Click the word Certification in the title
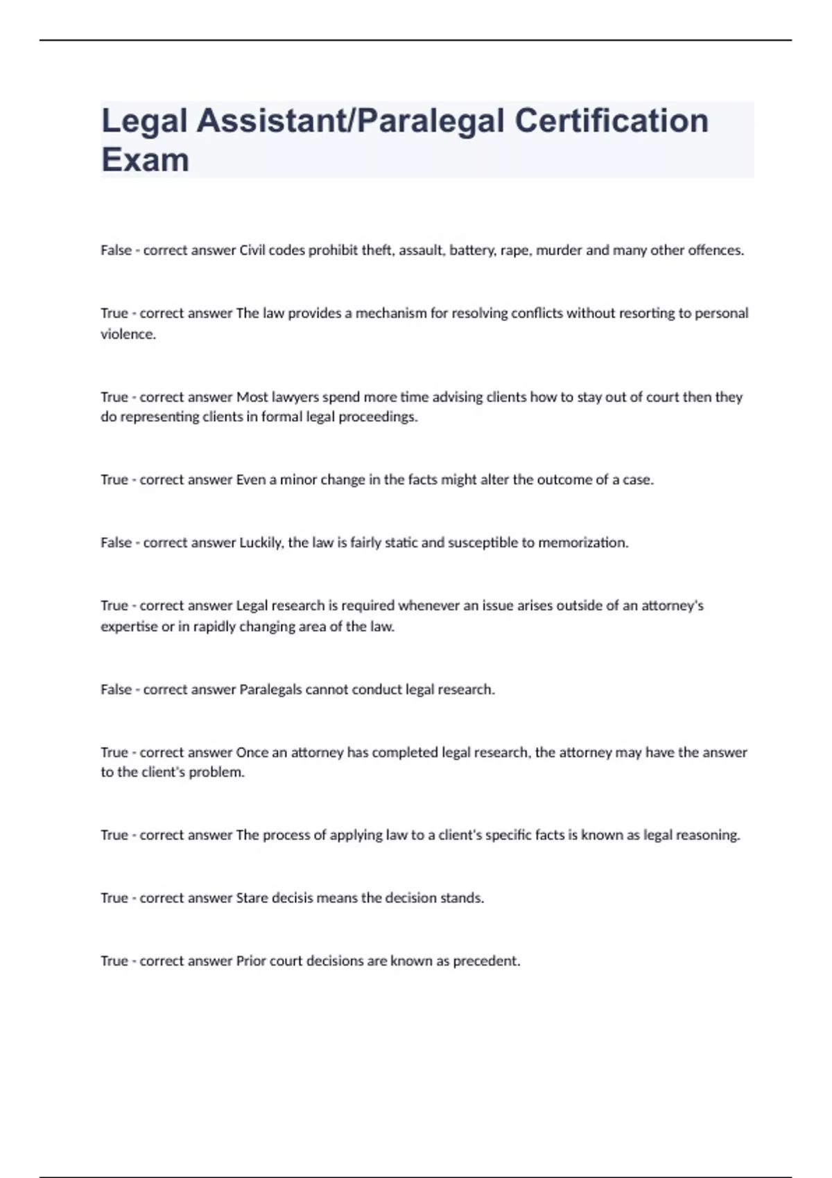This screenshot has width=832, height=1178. [x=612, y=121]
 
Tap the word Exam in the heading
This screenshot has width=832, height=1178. [x=145, y=160]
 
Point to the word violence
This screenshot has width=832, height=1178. [x=128, y=334]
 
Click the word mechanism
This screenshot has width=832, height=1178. [x=391, y=313]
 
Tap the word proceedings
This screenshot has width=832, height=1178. [x=378, y=417]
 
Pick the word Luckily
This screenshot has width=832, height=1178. [x=261, y=543]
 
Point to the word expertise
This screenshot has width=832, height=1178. [x=129, y=626]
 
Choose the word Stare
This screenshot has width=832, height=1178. [x=252, y=898]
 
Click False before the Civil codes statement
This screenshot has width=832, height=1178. [x=116, y=250]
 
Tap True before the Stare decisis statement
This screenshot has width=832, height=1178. [x=114, y=898]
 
